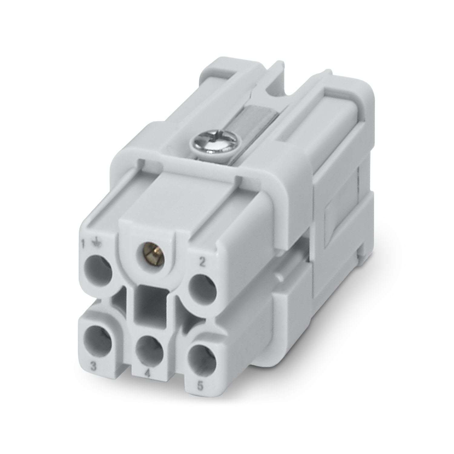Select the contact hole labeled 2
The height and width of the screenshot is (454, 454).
pos(202,285)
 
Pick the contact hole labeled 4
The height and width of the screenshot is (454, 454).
pos(150,351)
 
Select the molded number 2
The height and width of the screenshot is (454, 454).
pos(202,262)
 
